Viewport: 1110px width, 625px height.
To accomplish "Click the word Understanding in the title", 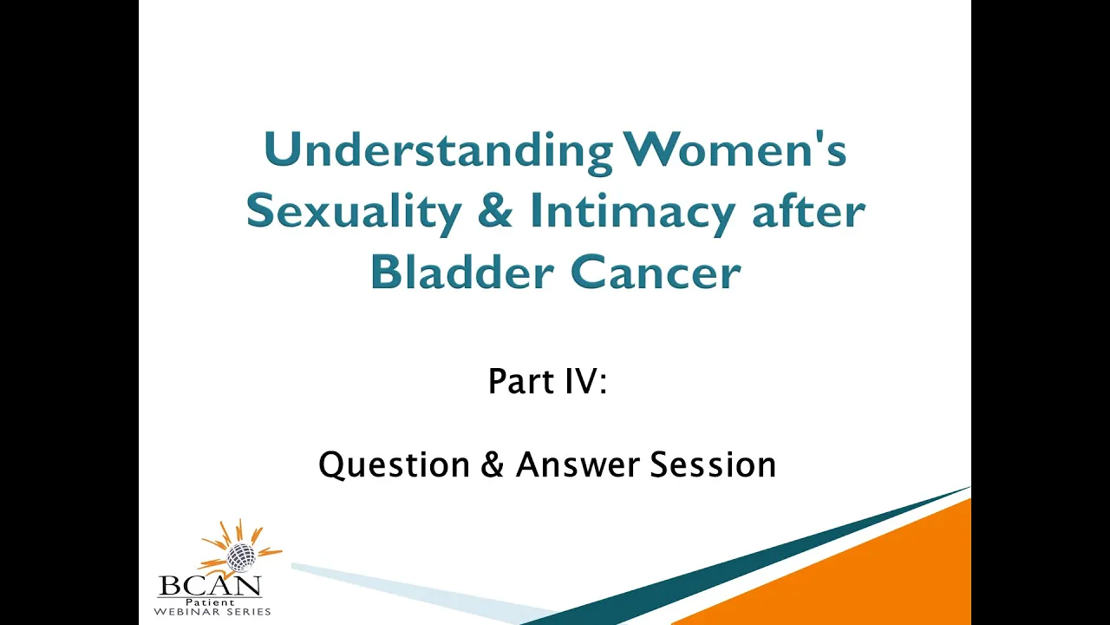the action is (x=439, y=152).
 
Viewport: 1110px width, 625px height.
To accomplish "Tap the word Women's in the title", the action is (x=735, y=148).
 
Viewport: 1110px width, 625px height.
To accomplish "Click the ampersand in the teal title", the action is (x=495, y=211).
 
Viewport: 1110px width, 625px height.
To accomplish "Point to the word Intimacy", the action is (x=632, y=214).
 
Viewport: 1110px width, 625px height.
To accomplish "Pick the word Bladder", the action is (x=462, y=272).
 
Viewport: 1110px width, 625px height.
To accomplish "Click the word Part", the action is (x=520, y=381).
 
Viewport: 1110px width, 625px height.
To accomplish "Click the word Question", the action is (x=394, y=465).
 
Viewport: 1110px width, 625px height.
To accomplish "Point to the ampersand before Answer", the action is (x=492, y=464).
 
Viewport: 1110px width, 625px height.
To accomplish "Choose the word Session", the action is (x=713, y=464).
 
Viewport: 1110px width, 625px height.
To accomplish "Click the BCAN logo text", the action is (x=210, y=586).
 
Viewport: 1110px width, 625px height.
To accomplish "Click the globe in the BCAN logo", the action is (x=241, y=556).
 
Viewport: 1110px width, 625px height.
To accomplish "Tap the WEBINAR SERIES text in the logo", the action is (x=212, y=612).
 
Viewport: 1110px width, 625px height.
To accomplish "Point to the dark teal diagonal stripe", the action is (x=743, y=561).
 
